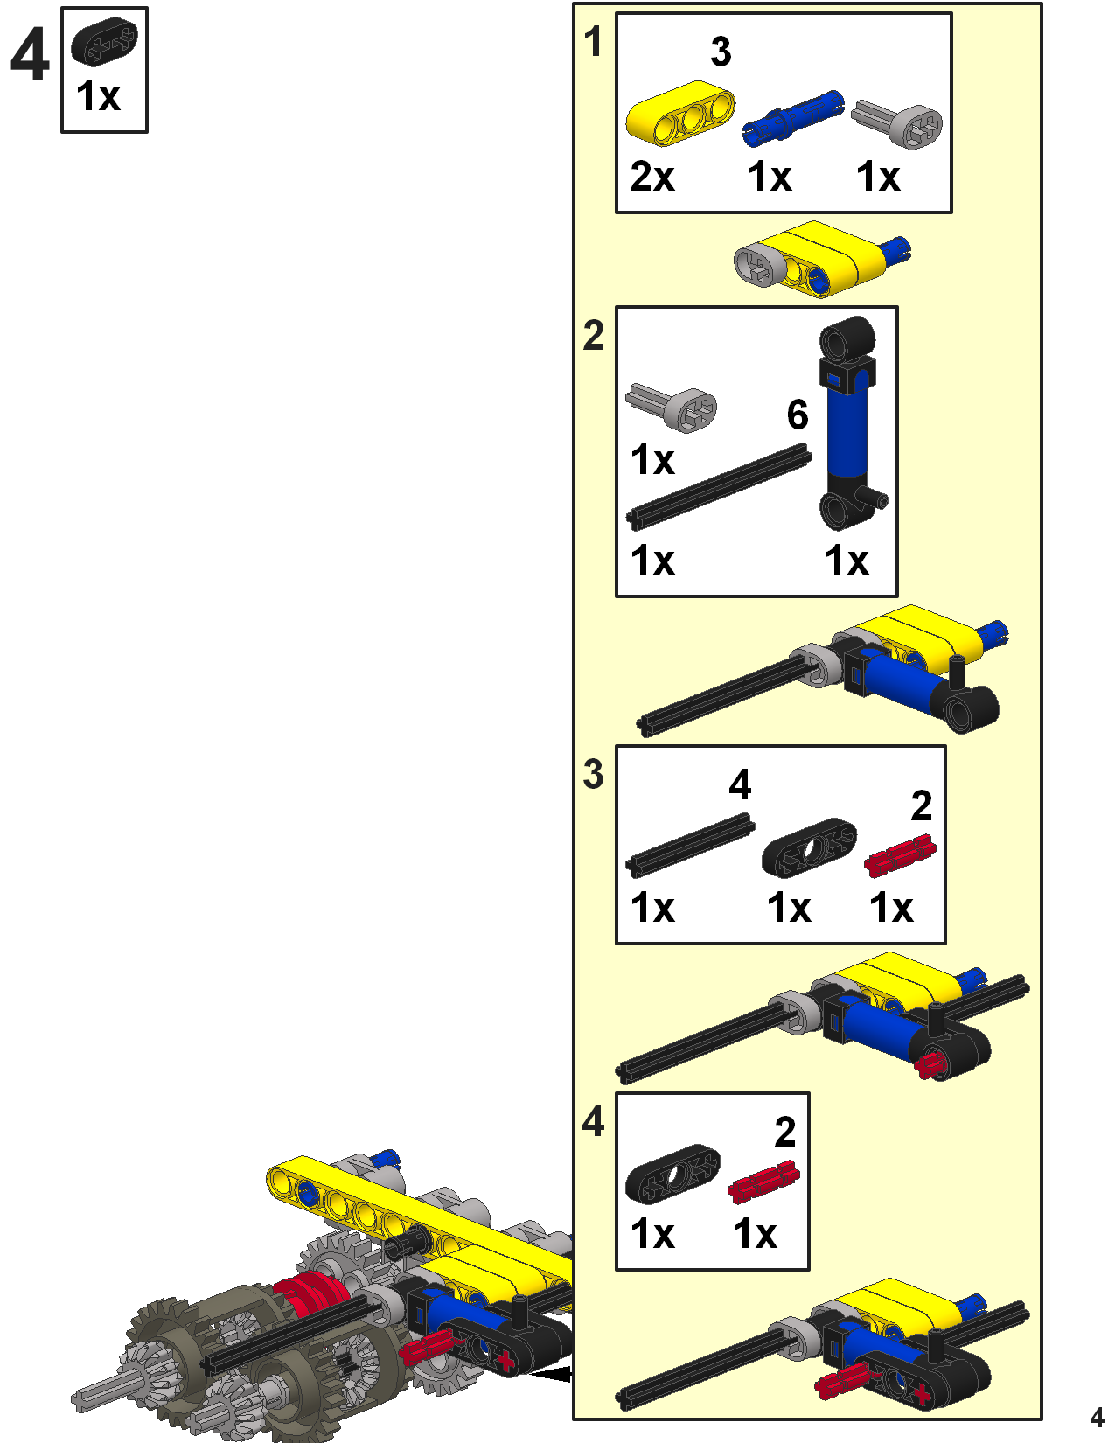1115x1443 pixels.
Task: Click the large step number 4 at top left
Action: pos(29,55)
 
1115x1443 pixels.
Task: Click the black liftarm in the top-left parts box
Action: pos(104,41)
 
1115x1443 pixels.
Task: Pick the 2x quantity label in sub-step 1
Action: pos(652,177)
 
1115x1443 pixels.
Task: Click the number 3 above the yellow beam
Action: pos(721,52)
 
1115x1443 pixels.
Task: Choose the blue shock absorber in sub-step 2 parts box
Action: pos(848,423)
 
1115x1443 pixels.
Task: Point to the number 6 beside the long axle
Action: pos(797,415)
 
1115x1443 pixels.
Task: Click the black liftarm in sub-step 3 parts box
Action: pos(809,847)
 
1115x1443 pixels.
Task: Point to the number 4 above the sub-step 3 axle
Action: pos(740,784)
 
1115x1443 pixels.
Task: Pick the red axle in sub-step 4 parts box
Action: pos(763,1182)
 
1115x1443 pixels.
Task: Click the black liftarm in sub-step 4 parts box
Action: pos(672,1174)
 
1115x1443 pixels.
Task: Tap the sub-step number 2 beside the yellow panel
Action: pos(594,336)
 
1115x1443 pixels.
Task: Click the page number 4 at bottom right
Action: pos(1097,1417)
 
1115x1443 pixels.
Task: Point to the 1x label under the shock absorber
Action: pos(847,561)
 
